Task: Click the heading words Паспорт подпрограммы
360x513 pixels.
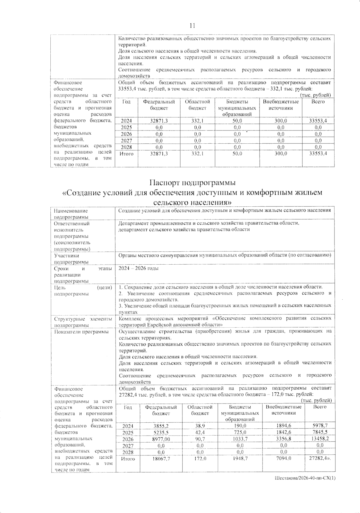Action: click(x=192, y=183)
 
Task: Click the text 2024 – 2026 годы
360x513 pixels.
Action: click(x=139, y=268)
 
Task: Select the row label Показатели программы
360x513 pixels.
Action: click(x=81, y=331)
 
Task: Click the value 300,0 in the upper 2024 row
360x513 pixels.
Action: click(x=281, y=121)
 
